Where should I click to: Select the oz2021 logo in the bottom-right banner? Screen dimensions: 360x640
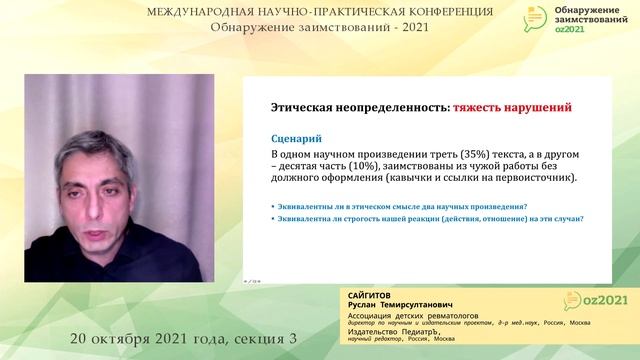[590, 301]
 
